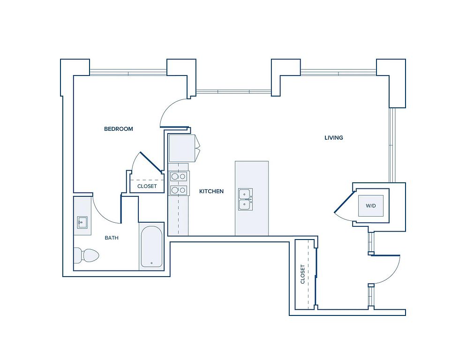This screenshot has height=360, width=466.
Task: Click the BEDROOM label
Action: pos(118,129)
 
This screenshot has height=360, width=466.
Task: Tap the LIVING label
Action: pos(334,138)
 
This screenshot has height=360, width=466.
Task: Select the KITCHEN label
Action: pos(211,191)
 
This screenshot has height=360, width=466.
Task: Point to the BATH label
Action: pos(112,238)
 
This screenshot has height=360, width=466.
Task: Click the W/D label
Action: pos(371,206)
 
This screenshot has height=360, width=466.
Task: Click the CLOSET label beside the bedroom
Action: pos(147,187)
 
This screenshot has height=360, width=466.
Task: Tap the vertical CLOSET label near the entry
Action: pos(303,274)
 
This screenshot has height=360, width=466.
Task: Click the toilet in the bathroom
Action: pos(86,255)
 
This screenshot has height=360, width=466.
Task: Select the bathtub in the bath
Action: pos(151,246)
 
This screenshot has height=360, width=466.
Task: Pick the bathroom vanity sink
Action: pos(83,222)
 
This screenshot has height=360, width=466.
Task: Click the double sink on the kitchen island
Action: pos(245,199)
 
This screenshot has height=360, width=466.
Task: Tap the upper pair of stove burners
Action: pos(178,176)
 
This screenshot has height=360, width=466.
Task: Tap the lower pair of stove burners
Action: pos(178,190)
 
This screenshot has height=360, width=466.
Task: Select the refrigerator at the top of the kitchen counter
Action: pos(182,148)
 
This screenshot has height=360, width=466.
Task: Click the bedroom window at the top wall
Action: pos(128,72)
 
